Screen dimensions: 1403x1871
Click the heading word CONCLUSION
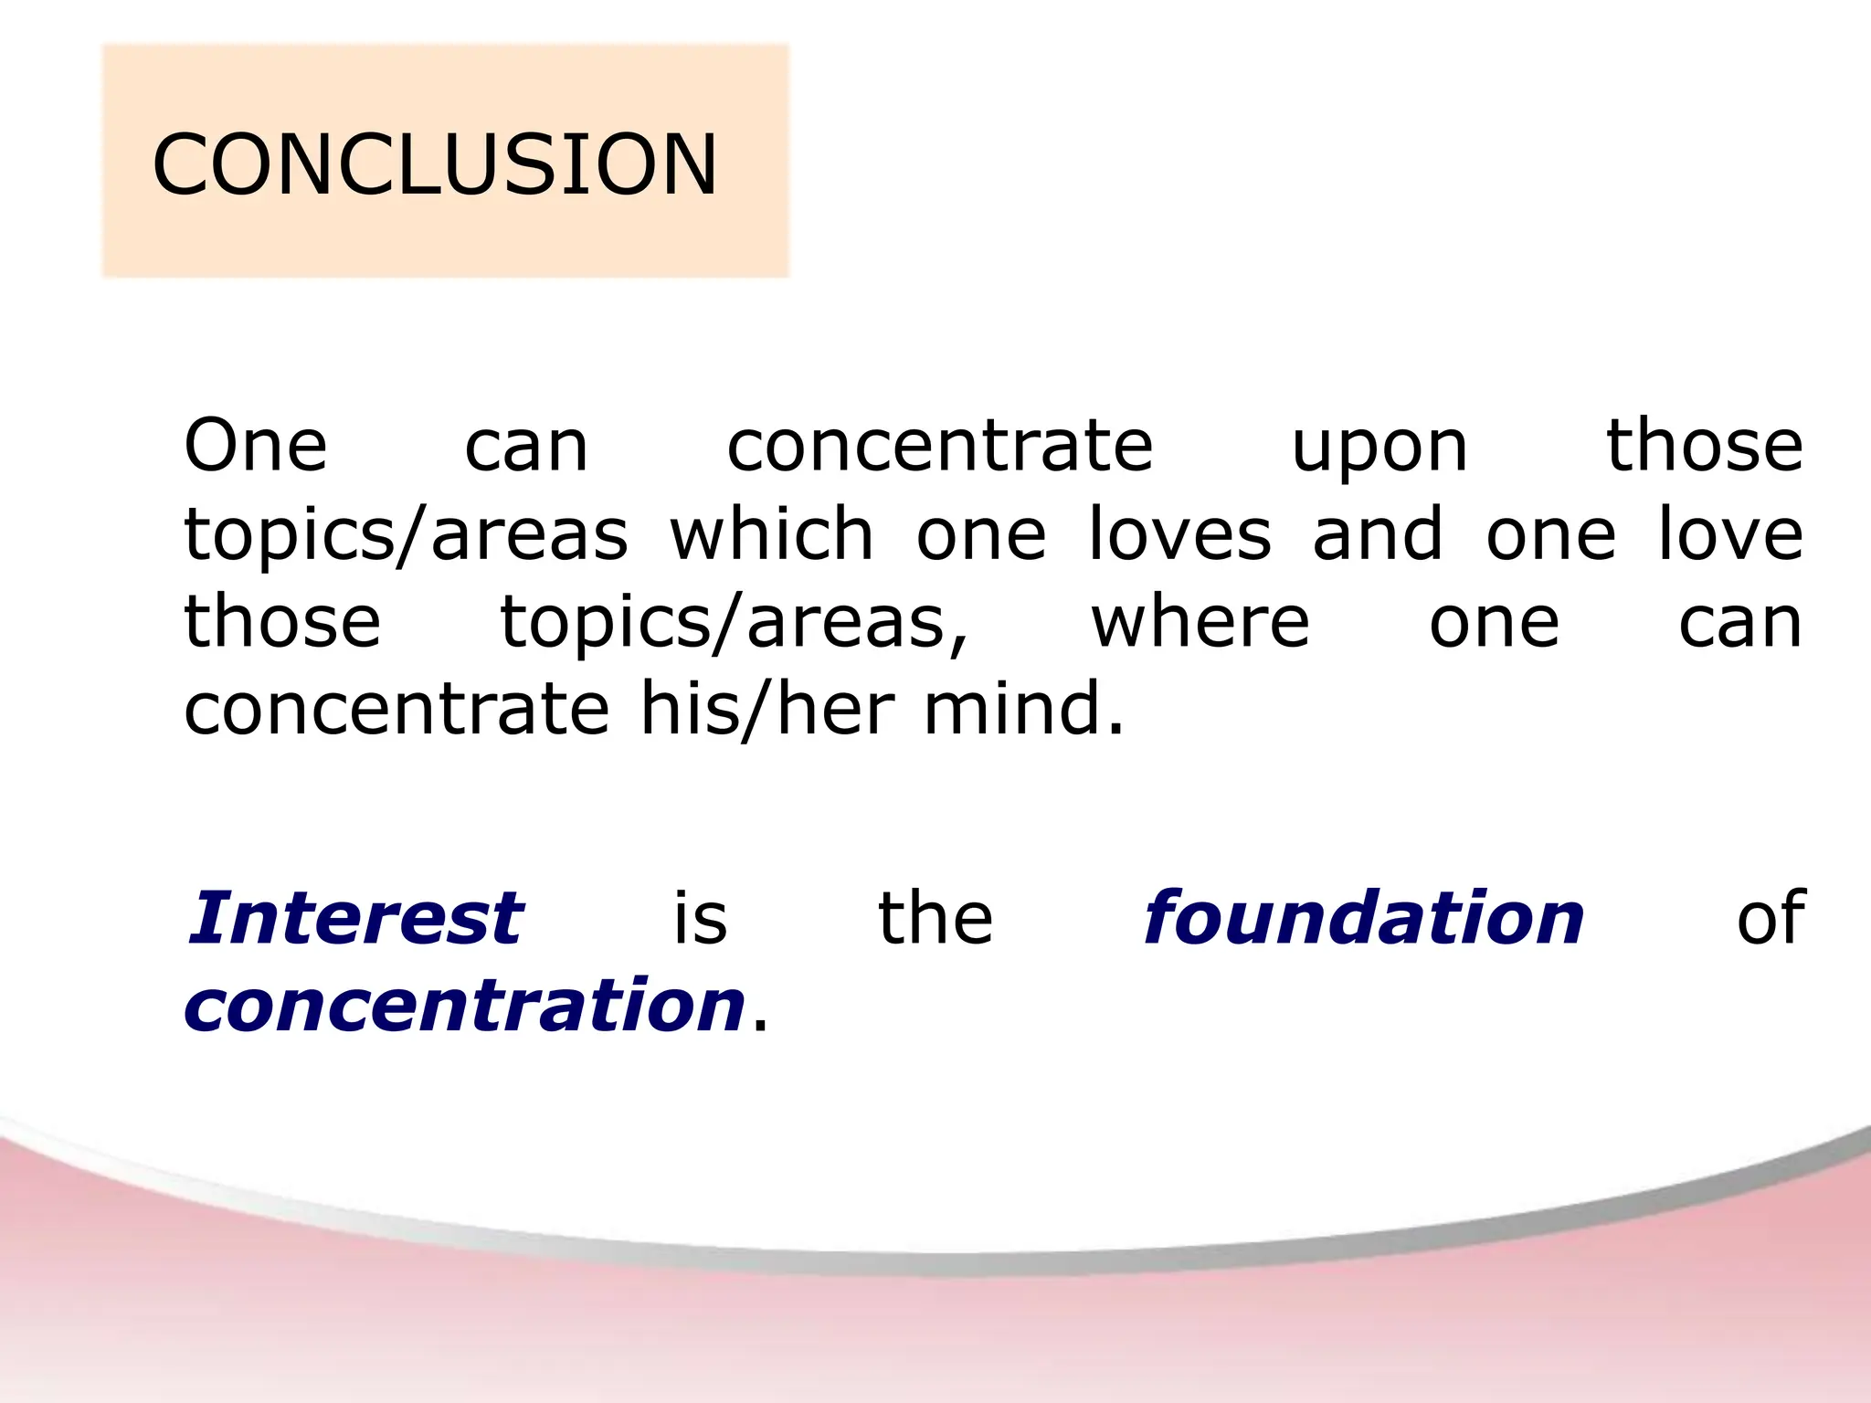(x=435, y=164)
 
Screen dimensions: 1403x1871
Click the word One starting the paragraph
(x=255, y=446)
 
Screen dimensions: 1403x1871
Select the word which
(x=772, y=533)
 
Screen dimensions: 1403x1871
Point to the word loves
(x=1179, y=533)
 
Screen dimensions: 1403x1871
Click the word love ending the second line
(x=1730, y=533)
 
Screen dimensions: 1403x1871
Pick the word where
(x=1200, y=622)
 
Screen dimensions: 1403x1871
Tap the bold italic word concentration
(x=465, y=1005)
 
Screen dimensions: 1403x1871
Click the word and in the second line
(x=1378, y=533)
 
